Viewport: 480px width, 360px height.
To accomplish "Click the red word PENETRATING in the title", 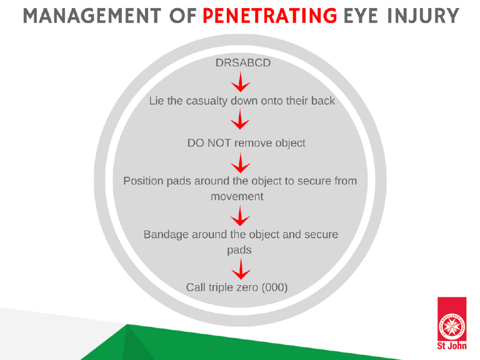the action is pos(270,16).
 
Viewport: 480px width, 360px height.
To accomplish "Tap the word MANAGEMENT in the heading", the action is pos(92,16).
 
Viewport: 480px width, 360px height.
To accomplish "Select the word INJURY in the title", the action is pos(423,16).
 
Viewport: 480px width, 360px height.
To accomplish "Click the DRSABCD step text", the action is pos(243,62).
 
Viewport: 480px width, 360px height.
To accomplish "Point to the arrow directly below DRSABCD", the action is pos(240,82).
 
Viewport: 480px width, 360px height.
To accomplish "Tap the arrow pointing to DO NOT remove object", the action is pos(240,119).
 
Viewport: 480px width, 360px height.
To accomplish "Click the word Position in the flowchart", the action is pos(143,181).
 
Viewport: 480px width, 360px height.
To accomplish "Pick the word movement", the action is pos(237,196).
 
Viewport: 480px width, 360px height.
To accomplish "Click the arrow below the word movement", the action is pos(240,216).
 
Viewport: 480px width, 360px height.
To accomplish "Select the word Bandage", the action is pos(166,235).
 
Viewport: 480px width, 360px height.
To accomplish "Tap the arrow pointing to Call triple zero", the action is pos(241,269).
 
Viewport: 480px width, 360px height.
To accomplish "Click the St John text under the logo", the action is pos(452,346).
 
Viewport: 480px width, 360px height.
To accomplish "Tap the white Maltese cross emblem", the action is pos(452,326).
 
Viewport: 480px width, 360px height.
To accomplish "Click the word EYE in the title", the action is pos(361,16).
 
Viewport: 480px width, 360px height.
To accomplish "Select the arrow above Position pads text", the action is pos(240,163).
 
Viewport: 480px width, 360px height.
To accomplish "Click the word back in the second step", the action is pos(323,101).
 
